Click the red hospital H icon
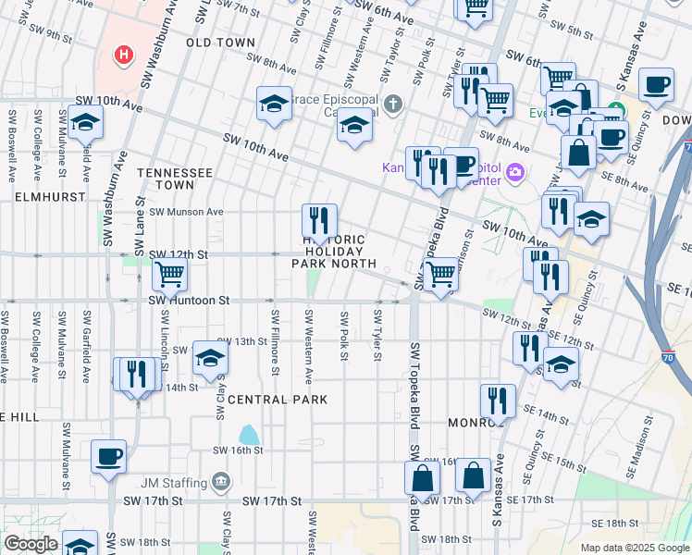[123, 55]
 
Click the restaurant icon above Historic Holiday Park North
[319, 221]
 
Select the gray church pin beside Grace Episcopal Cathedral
[395, 103]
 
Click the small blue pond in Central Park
[249, 435]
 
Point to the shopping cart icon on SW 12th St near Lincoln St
[169, 275]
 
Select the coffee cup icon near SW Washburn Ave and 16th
[108, 456]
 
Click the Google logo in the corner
[31, 544]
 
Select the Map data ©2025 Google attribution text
[634, 548]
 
